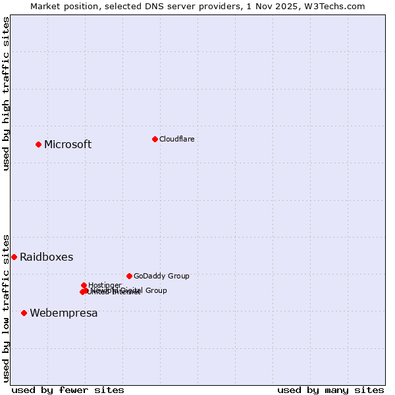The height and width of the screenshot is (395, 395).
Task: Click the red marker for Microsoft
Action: (38, 144)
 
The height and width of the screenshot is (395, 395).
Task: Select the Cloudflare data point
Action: (155, 139)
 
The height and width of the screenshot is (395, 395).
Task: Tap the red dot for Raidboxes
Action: (14, 257)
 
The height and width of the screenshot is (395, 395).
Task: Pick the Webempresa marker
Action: (24, 313)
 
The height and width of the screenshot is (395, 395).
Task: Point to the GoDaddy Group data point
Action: (129, 276)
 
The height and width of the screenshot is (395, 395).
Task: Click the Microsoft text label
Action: (68, 145)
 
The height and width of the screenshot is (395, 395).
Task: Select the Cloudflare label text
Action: (176, 139)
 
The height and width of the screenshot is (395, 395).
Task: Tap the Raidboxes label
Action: (46, 257)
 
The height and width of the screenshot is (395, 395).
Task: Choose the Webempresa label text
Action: (63, 313)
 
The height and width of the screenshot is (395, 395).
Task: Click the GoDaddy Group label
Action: (161, 276)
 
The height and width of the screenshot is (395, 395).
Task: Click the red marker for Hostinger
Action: (84, 285)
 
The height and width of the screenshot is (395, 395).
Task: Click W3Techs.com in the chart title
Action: (334, 6)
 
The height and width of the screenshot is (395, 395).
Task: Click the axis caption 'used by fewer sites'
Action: (68, 390)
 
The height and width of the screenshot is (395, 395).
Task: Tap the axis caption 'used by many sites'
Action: (330, 390)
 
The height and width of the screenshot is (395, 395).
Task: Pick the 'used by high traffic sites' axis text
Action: (6, 93)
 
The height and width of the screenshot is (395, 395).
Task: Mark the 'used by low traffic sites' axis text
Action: (6, 307)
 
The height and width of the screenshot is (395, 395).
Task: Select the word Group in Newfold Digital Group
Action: (155, 290)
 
